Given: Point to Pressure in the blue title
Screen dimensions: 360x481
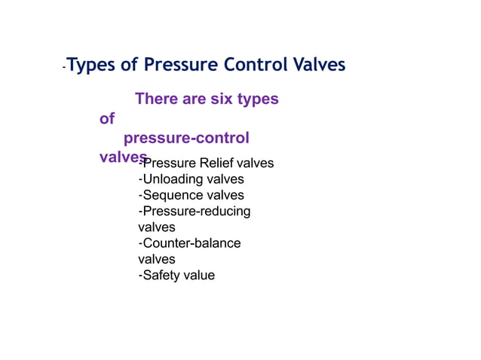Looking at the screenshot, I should pyautogui.click(x=179, y=65).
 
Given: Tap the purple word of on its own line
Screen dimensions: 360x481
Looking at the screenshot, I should pyautogui.click(x=107, y=119).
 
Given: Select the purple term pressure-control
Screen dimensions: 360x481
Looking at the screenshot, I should pyautogui.click(x=185, y=139).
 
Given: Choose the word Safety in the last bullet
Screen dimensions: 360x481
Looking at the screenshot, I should pyautogui.click(x=163, y=275).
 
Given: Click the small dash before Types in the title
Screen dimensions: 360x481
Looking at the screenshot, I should pyautogui.click(x=64, y=68).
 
